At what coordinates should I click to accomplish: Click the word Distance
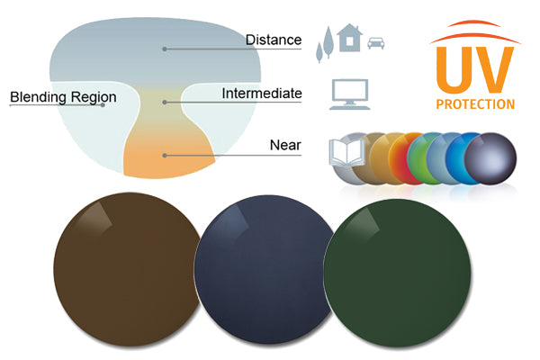pyautogui.click(x=274, y=40)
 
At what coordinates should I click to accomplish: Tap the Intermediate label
pyautogui.click(x=261, y=94)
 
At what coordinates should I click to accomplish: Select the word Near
pyautogui.click(x=285, y=145)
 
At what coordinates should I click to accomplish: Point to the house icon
pyautogui.click(x=349, y=39)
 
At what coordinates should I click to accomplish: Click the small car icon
pyautogui.click(x=377, y=42)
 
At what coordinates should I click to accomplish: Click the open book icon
pyautogui.click(x=345, y=152)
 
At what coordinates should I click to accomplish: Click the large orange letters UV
pyautogui.click(x=473, y=70)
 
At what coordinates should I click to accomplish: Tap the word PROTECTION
pyautogui.click(x=474, y=104)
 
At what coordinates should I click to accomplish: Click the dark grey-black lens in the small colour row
pyautogui.click(x=489, y=158)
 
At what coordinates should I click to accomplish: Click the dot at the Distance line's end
pyautogui.click(x=164, y=49)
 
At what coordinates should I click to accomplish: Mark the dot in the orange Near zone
pyautogui.click(x=164, y=155)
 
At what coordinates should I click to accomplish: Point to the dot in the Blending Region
pyautogui.click(x=103, y=104)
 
